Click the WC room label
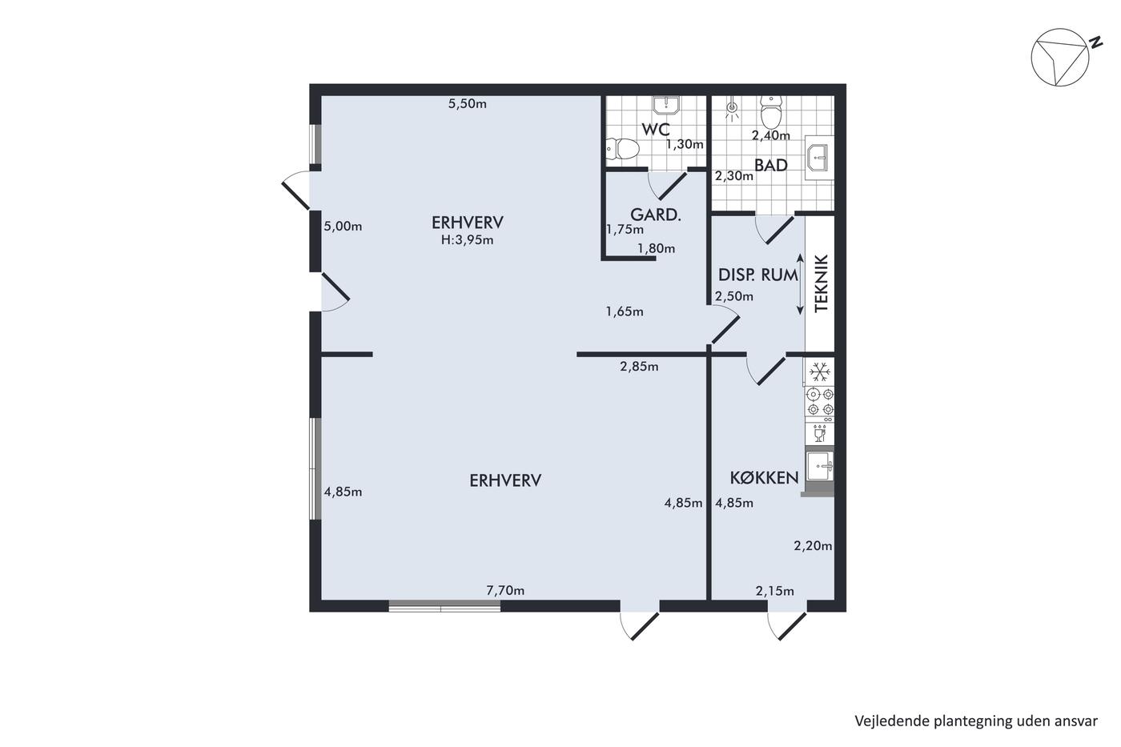pos(656,130)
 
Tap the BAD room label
pos(770,165)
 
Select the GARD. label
pos(656,215)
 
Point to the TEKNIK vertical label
pos(822,283)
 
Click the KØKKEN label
pos(764,478)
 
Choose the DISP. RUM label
pos(757,275)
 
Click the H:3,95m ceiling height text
pos(467,240)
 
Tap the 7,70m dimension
pos(505,591)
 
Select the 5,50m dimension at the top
pos(467,103)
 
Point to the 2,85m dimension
pos(639,367)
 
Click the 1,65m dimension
pos(625,311)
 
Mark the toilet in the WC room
pos(623,149)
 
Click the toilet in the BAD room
pos(770,112)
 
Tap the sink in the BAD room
pos(818,158)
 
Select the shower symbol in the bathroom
pos(732,110)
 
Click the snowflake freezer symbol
pos(819,371)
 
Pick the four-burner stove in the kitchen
pos(819,402)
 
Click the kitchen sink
pos(819,467)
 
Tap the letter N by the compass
pos(1095,43)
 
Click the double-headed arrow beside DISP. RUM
pos(800,284)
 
